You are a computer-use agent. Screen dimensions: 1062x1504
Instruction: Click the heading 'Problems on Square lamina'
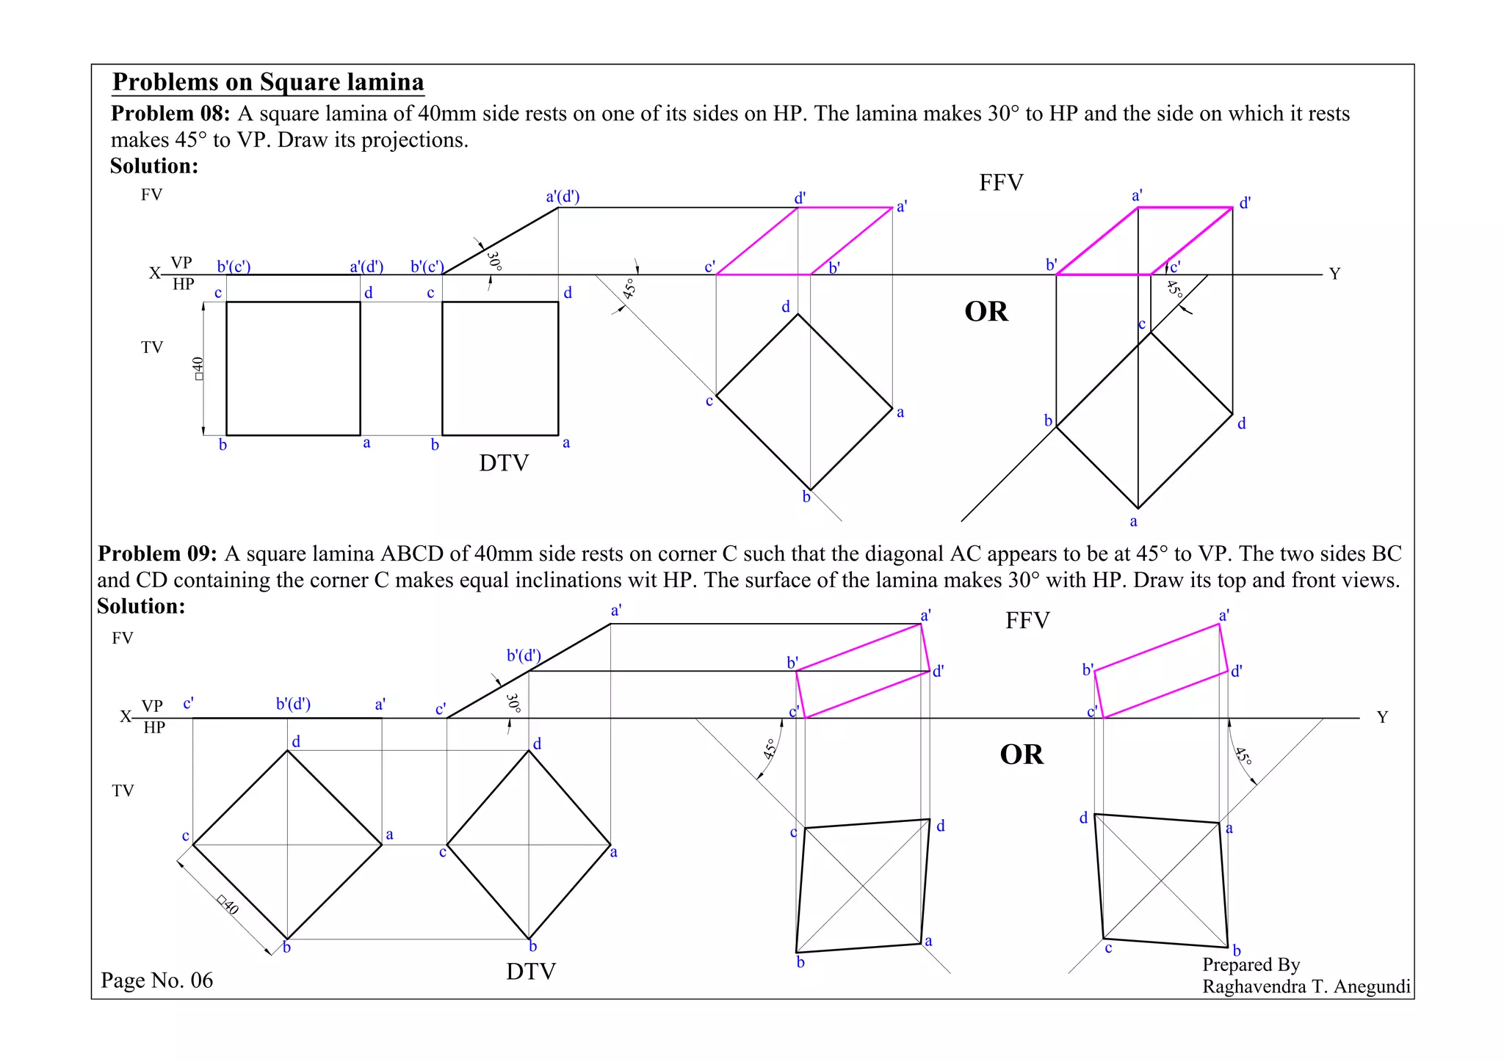pyautogui.click(x=268, y=82)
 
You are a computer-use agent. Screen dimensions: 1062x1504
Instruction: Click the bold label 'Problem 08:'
pyautogui.click(x=170, y=114)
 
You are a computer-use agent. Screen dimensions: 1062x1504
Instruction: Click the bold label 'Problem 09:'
pyautogui.click(x=157, y=553)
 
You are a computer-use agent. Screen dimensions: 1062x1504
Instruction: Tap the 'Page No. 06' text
pyautogui.click(x=157, y=981)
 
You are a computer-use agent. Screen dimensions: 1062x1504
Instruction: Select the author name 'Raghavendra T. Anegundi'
pyautogui.click(x=1306, y=986)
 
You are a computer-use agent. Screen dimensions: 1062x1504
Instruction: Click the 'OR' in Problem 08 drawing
pyautogui.click(x=986, y=312)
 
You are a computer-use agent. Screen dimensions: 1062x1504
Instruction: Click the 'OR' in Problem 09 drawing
pyautogui.click(x=1021, y=754)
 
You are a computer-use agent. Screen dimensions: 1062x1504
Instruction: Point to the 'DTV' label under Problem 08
pyautogui.click(x=504, y=463)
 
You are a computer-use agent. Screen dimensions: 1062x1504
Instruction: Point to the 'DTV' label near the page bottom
pyautogui.click(x=530, y=972)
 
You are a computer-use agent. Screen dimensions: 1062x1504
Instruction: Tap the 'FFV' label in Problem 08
pyautogui.click(x=1001, y=183)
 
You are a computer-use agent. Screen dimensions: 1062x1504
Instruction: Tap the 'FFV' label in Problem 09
pyautogui.click(x=1027, y=621)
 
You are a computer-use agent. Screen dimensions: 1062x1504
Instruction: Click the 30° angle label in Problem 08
pyautogui.click(x=494, y=261)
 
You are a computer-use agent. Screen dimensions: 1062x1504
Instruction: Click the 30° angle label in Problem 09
pyautogui.click(x=513, y=703)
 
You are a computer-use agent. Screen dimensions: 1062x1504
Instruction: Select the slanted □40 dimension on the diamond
pyautogui.click(x=228, y=904)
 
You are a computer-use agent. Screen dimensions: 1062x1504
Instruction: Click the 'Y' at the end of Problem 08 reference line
pyautogui.click(x=1334, y=274)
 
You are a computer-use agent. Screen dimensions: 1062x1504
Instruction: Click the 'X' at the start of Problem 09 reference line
pyautogui.click(x=126, y=716)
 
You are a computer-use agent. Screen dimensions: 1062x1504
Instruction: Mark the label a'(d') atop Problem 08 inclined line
pyautogui.click(x=563, y=197)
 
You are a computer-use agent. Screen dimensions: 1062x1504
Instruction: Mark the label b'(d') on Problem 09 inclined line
pyautogui.click(x=524, y=655)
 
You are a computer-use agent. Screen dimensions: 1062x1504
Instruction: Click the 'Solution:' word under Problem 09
pyautogui.click(x=141, y=606)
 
